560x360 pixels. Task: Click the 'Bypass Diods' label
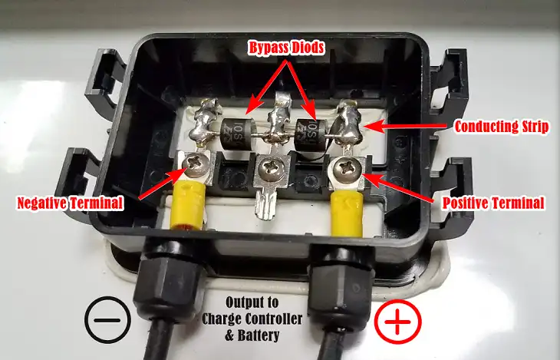[x=286, y=48]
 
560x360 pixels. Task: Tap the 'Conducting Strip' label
[x=502, y=127]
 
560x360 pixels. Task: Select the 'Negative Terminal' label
[x=71, y=203]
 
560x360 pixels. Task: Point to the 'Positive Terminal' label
[x=493, y=203]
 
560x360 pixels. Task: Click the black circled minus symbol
[x=107, y=320]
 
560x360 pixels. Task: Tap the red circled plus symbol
[x=397, y=322]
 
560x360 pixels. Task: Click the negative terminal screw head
[x=196, y=164]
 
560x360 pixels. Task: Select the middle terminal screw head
[x=272, y=168]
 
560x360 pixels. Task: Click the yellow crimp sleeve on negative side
[x=188, y=205]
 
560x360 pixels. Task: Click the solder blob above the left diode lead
[x=203, y=121]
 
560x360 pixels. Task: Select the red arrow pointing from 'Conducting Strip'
[x=405, y=126]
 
